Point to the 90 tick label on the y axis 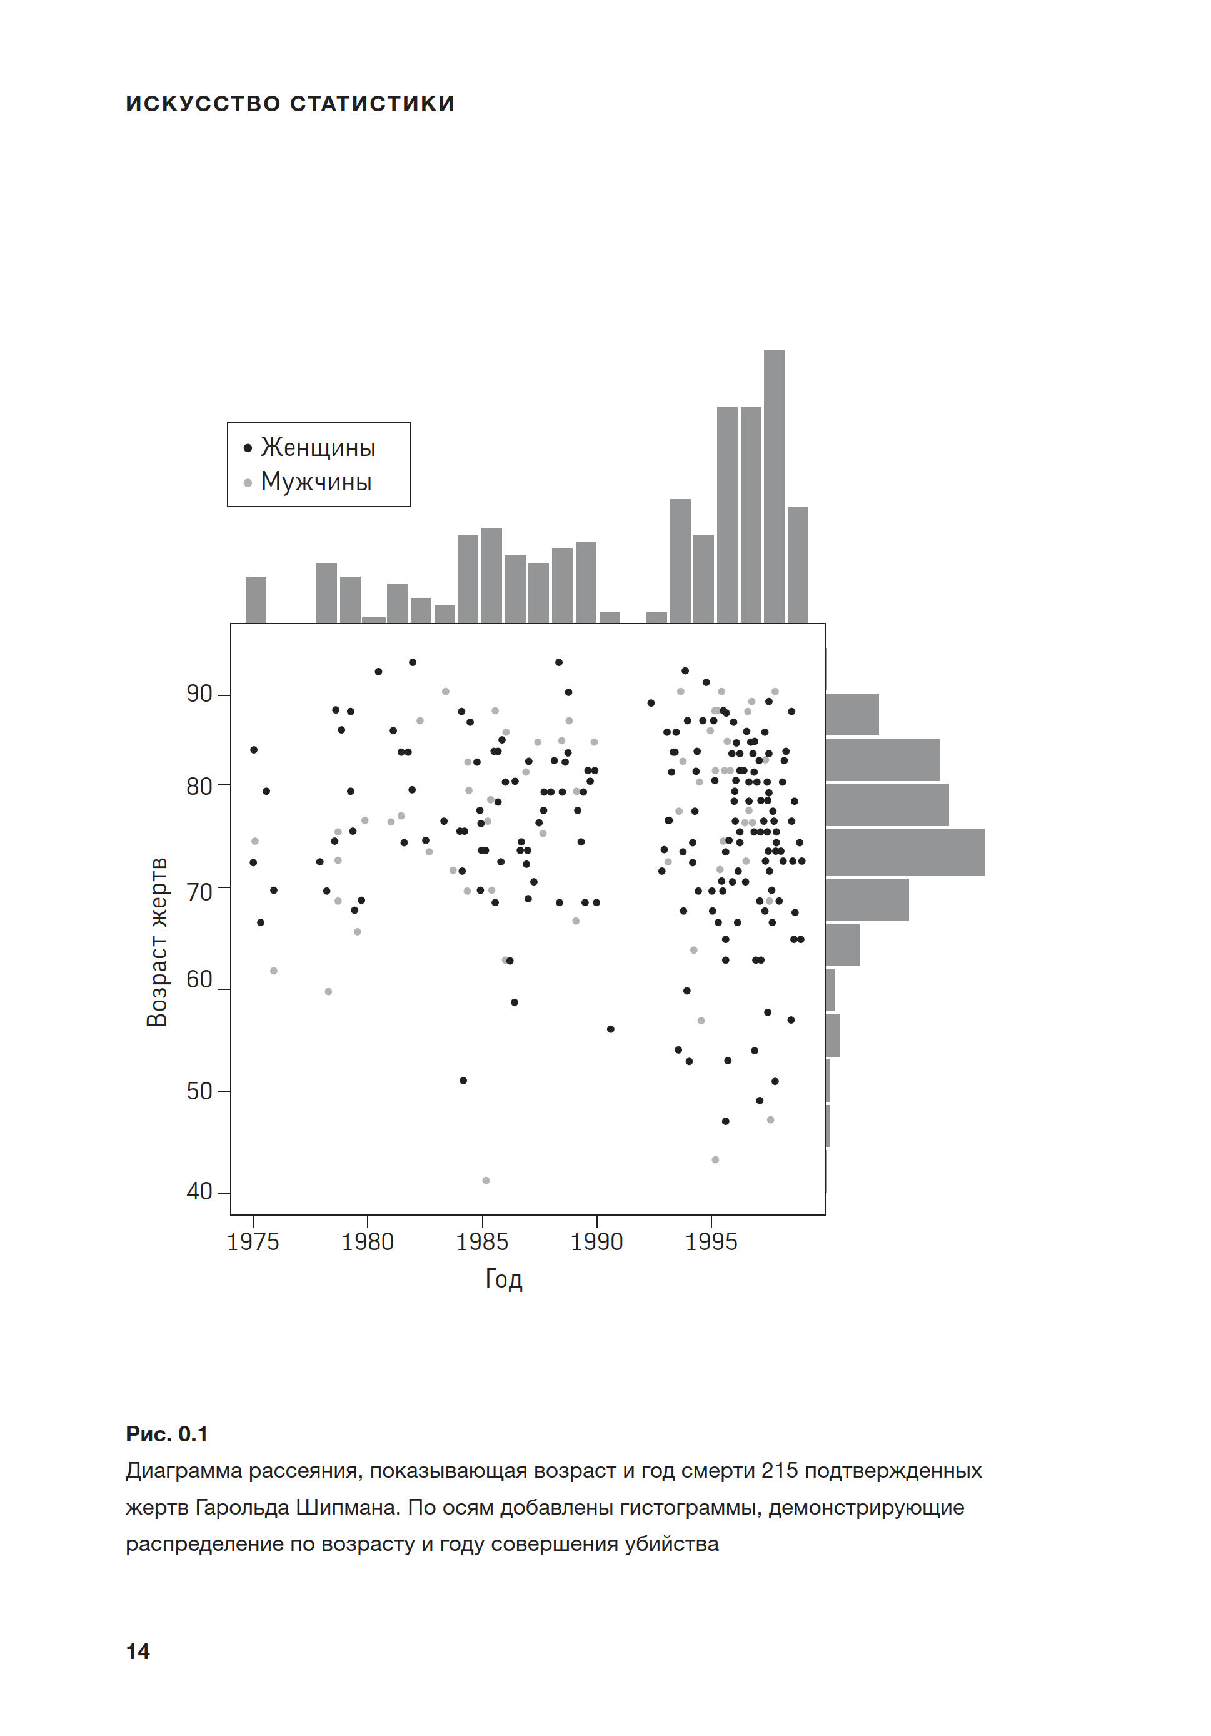click(x=199, y=694)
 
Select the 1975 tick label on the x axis click(x=253, y=1241)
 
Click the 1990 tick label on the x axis click(x=596, y=1241)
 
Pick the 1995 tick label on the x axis click(x=711, y=1241)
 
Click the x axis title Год click(x=503, y=1279)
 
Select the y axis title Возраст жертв click(x=156, y=941)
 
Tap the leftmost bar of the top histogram click(x=256, y=600)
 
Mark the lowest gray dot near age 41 click(x=486, y=1180)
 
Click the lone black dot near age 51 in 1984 click(x=463, y=1081)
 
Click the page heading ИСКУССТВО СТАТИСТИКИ click(x=290, y=104)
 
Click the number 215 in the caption click(x=780, y=1471)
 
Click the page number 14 click(x=138, y=1652)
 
